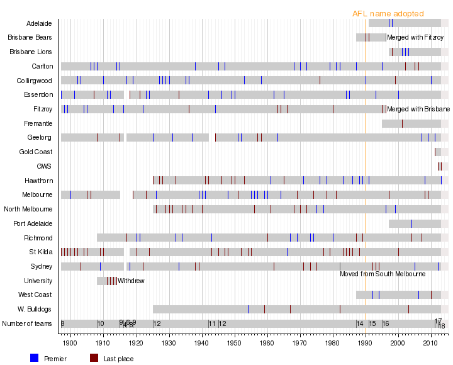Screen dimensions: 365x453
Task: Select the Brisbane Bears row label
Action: (x=30, y=37)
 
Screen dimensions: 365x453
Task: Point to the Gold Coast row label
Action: (x=36, y=152)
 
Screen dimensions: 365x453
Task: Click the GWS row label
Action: (x=44, y=167)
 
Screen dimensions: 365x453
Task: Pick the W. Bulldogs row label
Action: (x=35, y=309)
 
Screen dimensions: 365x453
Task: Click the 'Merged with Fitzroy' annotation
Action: (x=415, y=38)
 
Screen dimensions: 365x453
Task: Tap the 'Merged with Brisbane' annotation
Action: (x=418, y=109)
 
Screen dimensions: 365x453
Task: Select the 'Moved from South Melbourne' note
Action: (x=383, y=274)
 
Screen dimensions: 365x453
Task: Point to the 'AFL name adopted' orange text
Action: (x=388, y=14)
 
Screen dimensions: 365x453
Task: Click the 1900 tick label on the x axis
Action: (x=70, y=343)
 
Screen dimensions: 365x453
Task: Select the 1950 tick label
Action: (x=234, y=343)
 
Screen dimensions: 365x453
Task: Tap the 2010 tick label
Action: (x=431, y=343)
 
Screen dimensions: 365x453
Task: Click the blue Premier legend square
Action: (x=35, y=358)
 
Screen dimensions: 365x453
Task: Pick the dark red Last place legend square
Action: (x=94, y=358)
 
